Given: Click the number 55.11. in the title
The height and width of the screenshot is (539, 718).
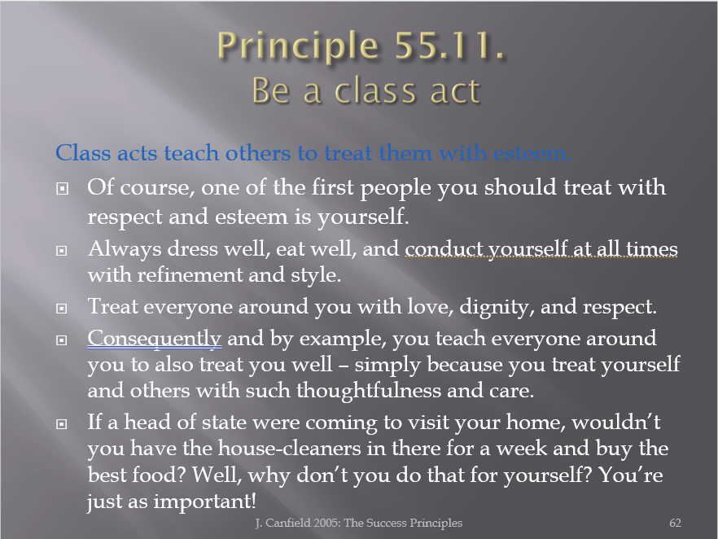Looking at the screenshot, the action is (449, 46).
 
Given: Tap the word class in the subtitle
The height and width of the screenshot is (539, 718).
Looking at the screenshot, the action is (375, 90).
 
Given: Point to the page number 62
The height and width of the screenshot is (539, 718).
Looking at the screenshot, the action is (675, 523).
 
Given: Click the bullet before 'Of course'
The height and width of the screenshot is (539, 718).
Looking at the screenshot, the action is (62, 188).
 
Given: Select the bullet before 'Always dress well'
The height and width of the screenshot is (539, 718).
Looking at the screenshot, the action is (62, 251).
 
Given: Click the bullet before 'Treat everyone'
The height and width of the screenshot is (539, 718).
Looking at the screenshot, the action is (62, 309).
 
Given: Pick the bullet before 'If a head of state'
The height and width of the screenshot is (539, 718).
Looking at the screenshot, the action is (62, 424).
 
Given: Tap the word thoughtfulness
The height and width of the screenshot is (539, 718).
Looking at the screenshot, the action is (369, 391).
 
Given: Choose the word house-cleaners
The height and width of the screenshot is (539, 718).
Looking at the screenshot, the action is (290, 448).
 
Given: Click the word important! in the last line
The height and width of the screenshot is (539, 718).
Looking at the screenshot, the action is (204, 502).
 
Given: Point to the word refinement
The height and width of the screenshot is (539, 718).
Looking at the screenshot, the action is (190, 274).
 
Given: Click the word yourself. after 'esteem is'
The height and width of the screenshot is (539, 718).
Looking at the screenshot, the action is (363, 217).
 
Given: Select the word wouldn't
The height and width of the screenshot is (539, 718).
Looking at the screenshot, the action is (616, 422).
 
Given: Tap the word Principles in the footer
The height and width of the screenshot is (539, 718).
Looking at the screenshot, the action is (436, 523).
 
